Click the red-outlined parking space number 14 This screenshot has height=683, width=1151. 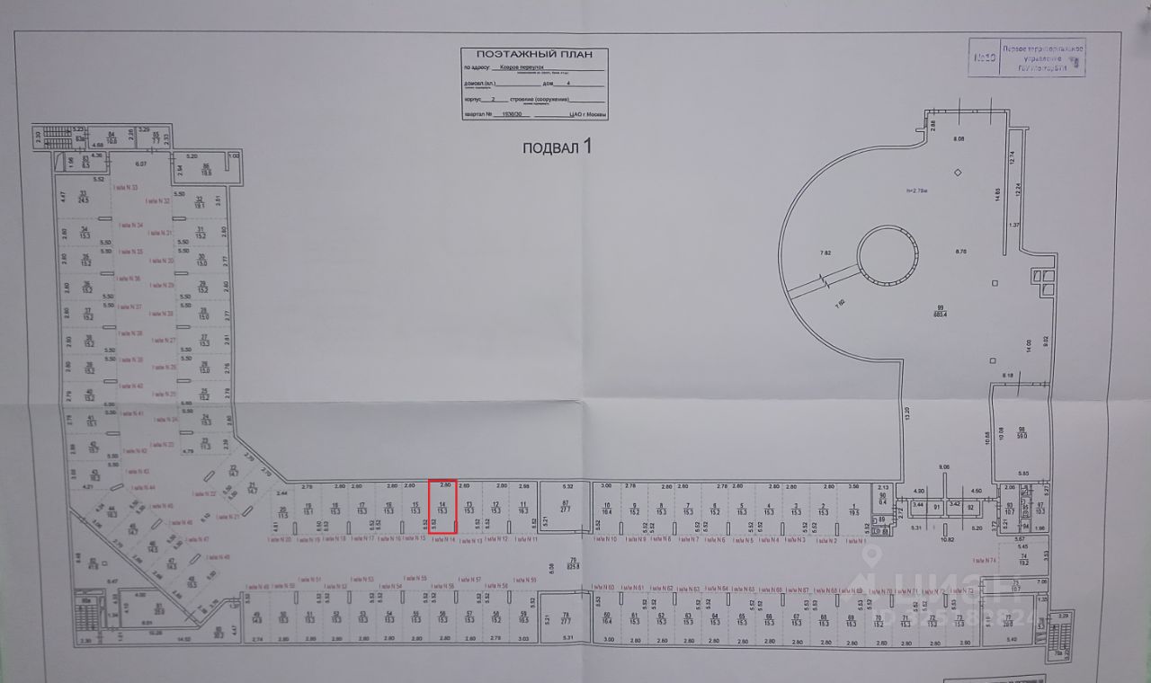442,506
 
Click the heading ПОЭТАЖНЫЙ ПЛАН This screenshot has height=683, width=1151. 534,54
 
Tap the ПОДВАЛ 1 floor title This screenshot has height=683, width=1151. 558,147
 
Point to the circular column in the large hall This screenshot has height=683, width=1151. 888,254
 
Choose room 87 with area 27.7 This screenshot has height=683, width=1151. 566,506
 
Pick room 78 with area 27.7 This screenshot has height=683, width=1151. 566,617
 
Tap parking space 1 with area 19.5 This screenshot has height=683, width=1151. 853,508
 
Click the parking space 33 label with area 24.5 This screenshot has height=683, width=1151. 83,197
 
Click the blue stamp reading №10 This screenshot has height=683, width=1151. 985,59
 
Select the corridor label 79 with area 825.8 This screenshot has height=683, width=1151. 566,563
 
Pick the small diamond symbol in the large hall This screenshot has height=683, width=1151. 959,172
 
